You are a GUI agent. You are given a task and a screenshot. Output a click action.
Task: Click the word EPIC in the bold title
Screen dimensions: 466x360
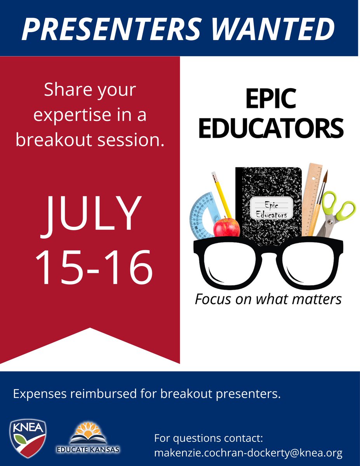(x=271, y=100)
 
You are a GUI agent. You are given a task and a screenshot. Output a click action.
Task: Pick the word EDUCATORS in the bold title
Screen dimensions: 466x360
(x=271, y=129)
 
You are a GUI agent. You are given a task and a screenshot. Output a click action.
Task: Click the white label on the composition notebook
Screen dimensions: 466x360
(x=271, y=209)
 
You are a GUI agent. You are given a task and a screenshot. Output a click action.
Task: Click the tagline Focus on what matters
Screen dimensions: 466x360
(x=268, y=299)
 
